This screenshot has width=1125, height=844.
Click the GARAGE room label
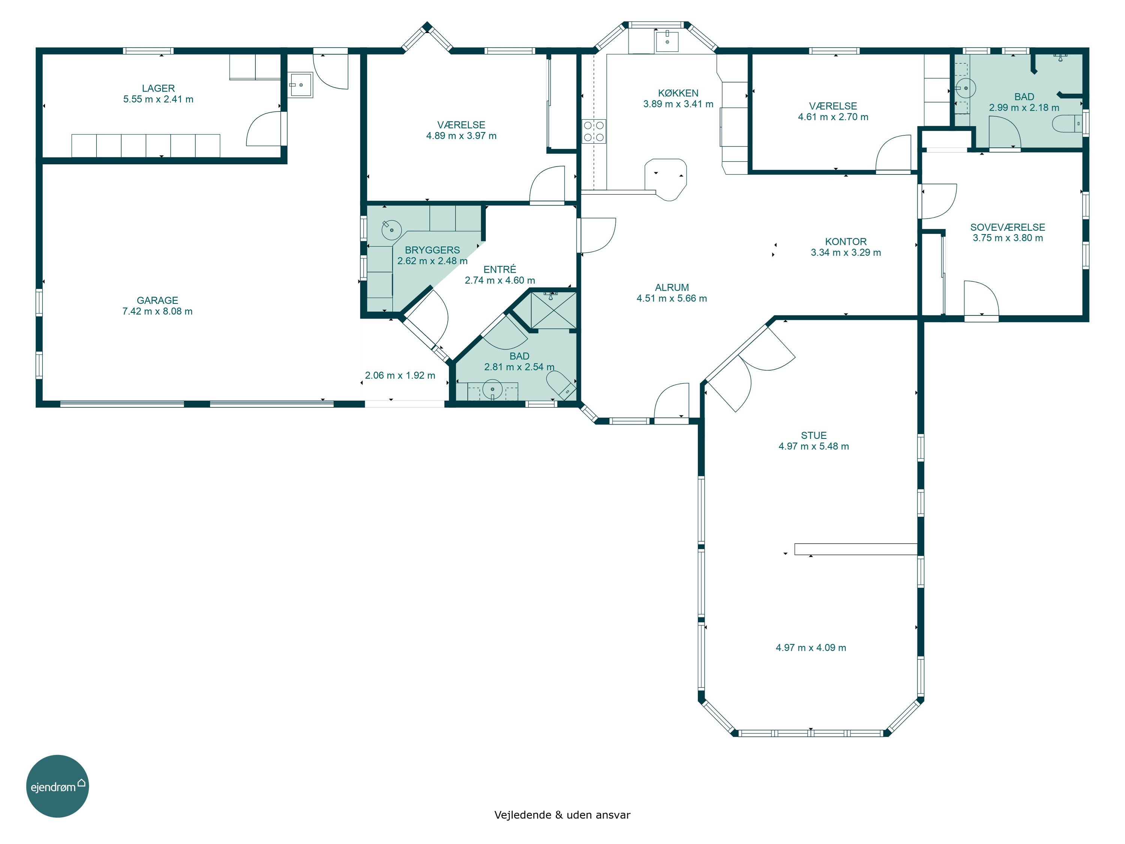(157, 301)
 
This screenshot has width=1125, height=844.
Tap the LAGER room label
(158, 89)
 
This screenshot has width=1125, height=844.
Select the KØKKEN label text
(678, 93)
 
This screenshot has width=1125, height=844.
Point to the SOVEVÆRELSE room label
(1008, 227)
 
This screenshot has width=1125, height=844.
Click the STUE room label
(813, 436)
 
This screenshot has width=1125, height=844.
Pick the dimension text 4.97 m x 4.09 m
(811, 647)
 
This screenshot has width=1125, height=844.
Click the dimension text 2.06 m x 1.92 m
(400, 375)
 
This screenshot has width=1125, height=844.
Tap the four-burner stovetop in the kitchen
(594, 131)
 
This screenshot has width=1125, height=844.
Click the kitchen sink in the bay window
(667, 41)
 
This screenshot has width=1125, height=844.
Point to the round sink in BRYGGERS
(391, 230)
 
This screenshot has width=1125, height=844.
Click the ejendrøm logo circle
(57, 786)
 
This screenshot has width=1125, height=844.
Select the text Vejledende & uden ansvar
(562, 815)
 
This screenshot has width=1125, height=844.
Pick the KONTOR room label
(845, 242)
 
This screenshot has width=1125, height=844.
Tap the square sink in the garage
(301, 85)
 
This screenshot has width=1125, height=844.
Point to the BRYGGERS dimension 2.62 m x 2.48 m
(432, 261)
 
